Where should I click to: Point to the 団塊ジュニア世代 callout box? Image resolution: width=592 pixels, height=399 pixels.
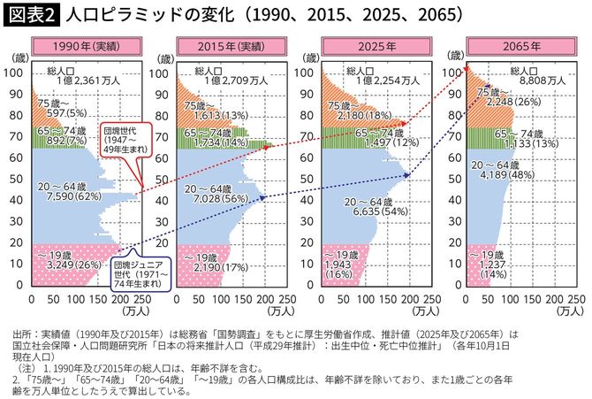click(x=137, y=274)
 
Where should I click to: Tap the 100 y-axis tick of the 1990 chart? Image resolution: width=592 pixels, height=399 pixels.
click(x=19, y=73)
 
